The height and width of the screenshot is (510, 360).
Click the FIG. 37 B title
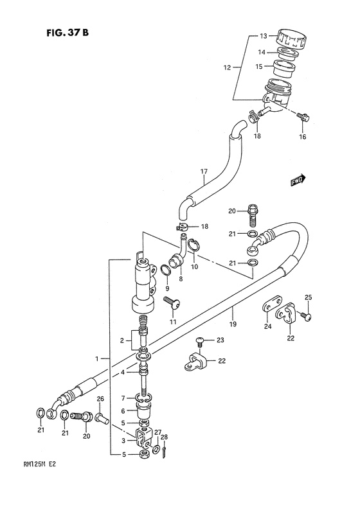pyautogui.click(x=67, y=33)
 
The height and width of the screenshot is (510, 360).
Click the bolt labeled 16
pyautogui.click(x=303, y=117)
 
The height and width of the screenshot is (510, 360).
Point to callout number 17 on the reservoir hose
pyautogui.click(x=204, y=171)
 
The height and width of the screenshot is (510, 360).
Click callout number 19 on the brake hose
pyautogui.click(x=233, y=324)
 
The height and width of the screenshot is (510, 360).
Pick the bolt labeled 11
pyautogui.click(x=172, y=302)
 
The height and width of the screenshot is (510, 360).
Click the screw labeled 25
pyautogui.click(x=305, y=315)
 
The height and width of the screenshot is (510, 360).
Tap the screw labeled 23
pyautogui.click(x=200, y=340)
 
